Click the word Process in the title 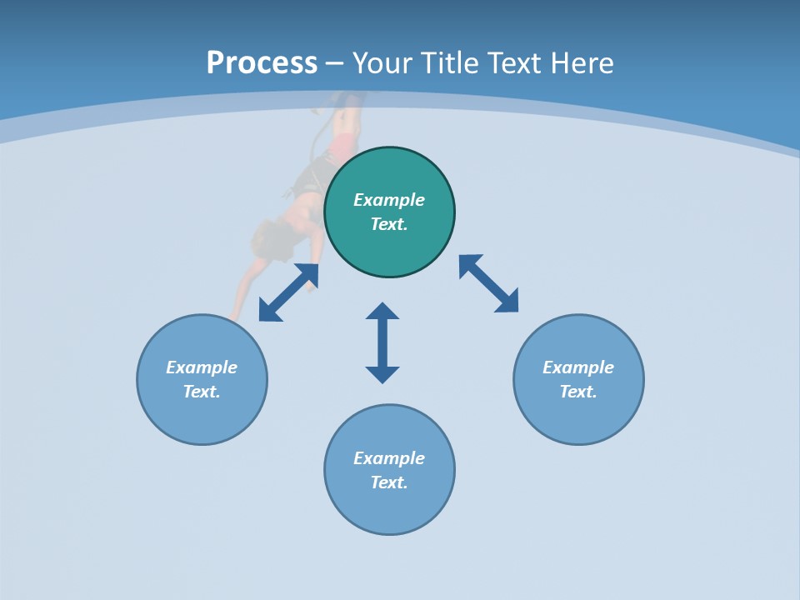pyautogui.click(x=262, y=63)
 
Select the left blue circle pyautogui.click(x=202, y=417)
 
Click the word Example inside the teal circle pyautogui.click(x=389, y=200)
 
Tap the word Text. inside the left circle pyautogui.click(x=202, y=392)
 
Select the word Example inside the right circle pyautogui.click(x=578, y=367)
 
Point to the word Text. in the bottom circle pyautogui.click(x=389, y=482)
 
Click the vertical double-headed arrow pyautogui.click(x=382, y=342)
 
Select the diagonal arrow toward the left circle pyautogui.click(x=288, y=292)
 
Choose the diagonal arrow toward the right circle pyautogui.click(x=488, y=283)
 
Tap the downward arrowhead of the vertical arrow pyautogui.click(x=382, y=374)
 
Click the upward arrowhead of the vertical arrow pyautogui.click(x=382, y=312)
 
